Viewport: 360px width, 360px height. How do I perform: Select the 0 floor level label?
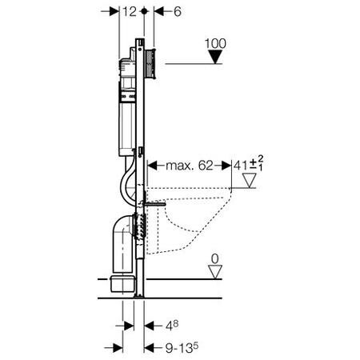213,258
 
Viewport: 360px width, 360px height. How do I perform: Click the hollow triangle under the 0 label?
213,274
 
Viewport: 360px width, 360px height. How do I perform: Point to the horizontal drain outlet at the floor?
121,284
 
